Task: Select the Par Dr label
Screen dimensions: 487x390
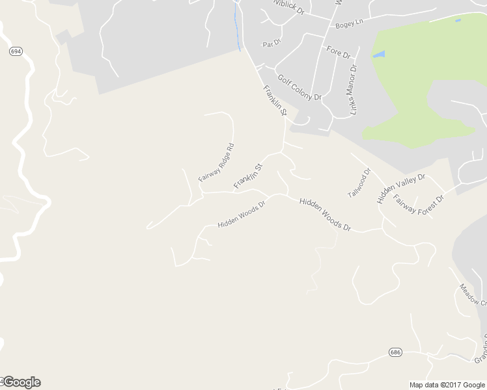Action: click(271, 44)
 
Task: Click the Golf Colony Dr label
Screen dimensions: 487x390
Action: click(299, 87)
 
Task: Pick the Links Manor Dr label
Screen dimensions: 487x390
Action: click(354, 90)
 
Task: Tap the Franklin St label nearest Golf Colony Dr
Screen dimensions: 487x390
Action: click(275, 101)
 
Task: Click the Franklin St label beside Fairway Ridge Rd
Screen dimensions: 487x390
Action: click(247, 176)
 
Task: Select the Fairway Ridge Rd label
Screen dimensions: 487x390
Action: click(216, 162)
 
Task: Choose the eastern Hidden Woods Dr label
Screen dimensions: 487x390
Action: click(325, 214)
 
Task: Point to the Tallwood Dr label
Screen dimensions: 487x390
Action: click(359, 183)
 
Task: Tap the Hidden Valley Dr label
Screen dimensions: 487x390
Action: click(400, 188)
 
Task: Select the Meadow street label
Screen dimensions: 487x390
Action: click(473, 294)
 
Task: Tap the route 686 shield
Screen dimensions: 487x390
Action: click(395, 352)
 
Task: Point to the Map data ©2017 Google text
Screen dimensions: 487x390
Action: click(447, 385)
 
